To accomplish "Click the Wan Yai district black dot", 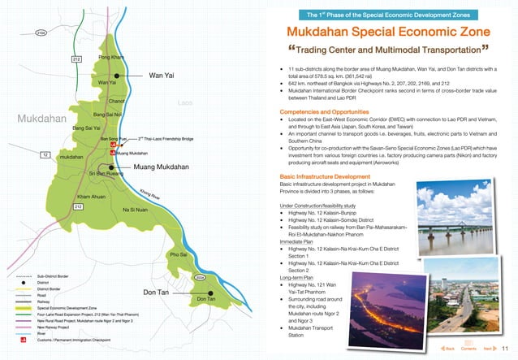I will coord(119,76).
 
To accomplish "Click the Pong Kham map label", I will coord(110,58).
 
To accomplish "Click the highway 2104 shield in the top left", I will coord(40,33).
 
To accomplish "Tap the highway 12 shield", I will coord(45,154).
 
